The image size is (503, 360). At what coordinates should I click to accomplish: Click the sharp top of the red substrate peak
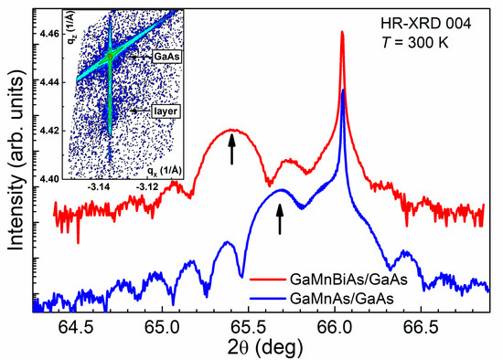tap(342, 33)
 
